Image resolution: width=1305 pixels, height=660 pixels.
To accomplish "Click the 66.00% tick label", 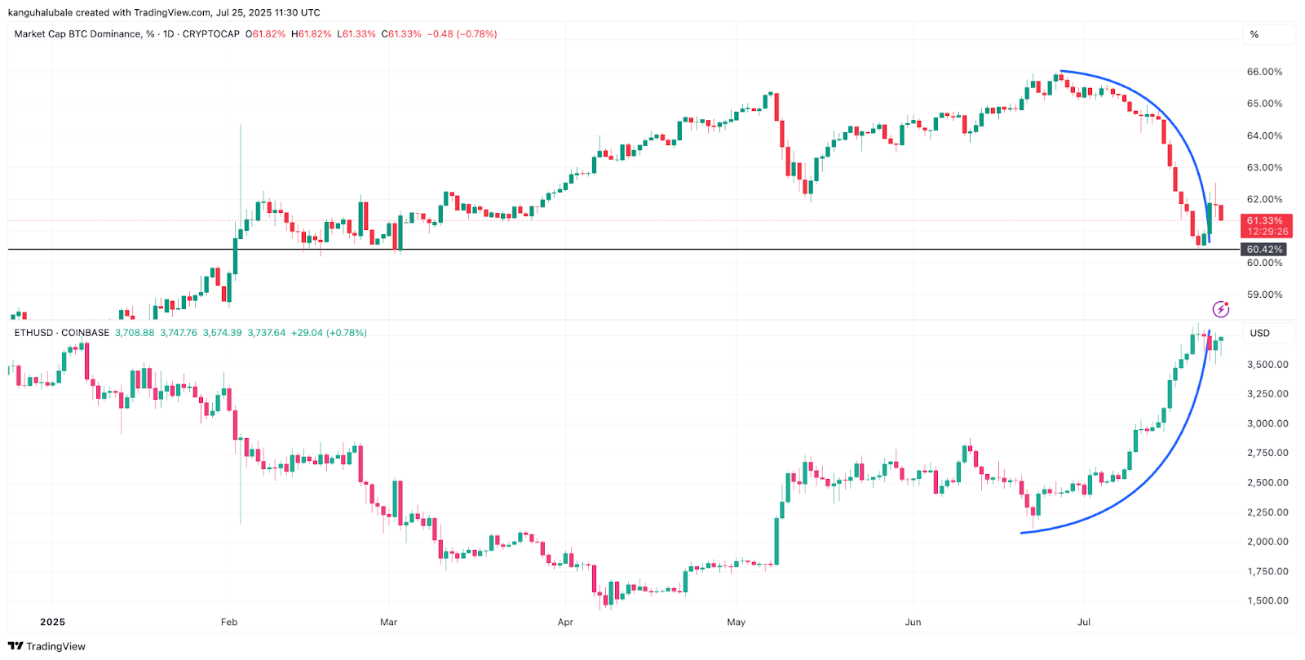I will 1264,72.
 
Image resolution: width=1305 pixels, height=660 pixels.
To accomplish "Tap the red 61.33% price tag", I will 1264,221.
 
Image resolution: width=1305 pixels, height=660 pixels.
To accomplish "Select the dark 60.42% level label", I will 1264,250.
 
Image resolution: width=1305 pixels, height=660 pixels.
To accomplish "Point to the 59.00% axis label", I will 1264,295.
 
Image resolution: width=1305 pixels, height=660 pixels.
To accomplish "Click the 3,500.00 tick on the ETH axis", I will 1267,365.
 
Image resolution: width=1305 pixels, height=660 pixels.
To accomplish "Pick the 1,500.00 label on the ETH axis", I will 1267,600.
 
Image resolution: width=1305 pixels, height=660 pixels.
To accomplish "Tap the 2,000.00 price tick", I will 1267,542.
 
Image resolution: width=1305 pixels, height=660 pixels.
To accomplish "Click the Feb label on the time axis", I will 229,622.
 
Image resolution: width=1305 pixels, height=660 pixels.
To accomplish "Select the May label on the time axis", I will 736,622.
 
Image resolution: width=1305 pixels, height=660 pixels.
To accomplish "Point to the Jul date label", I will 1084,622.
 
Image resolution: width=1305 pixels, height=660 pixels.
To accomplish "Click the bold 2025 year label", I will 52,622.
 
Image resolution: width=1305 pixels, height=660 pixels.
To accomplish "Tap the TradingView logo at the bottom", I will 46,646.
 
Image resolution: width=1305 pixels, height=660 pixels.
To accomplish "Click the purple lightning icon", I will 1220,309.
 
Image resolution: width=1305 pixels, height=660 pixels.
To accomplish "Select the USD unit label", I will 1260,333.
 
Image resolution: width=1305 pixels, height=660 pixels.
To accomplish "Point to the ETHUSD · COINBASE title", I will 62,333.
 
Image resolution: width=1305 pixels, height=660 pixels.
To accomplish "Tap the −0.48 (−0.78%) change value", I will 462,34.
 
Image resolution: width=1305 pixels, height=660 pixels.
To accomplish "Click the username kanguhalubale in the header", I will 41,12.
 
